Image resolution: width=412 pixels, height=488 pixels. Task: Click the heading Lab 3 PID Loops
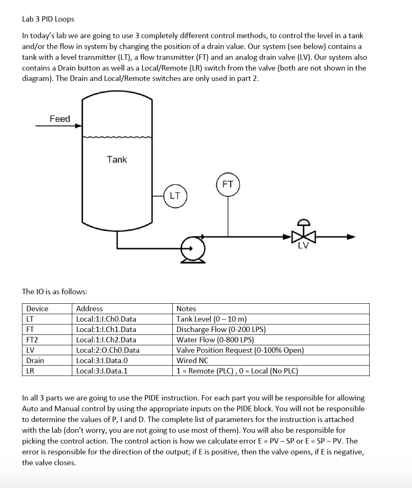[x=48, y=19]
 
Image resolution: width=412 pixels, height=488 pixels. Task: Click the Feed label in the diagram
[x=60, y=119]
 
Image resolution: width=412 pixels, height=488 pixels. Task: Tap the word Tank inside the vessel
[x=117, y=159]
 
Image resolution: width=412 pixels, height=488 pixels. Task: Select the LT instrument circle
[x=175, y=195]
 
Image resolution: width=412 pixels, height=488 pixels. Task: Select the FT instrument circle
[x=228, y=184]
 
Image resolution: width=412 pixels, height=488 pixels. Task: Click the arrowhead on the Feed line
[x=78, y=125]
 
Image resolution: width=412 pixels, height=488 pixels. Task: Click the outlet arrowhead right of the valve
[x=351, y=237]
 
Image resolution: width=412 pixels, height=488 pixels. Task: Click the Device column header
[x=37, y=309]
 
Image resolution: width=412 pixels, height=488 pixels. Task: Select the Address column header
[x=89, y=309]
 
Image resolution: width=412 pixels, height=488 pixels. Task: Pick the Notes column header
[x=186, y=309]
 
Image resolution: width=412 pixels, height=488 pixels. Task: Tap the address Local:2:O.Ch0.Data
[x=108, y=350]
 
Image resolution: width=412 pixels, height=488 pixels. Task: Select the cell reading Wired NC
[x=192, y=361]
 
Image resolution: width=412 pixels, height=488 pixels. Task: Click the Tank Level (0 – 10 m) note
[x=211, y=319]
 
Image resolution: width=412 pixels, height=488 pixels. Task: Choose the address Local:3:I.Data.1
[x=102, y=371]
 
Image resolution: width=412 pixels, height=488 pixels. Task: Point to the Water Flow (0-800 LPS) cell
[x=215, y=340]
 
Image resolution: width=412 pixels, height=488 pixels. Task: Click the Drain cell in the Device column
[x=35, y=361]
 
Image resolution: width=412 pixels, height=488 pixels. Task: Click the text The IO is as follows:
[x=54, y=291]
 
